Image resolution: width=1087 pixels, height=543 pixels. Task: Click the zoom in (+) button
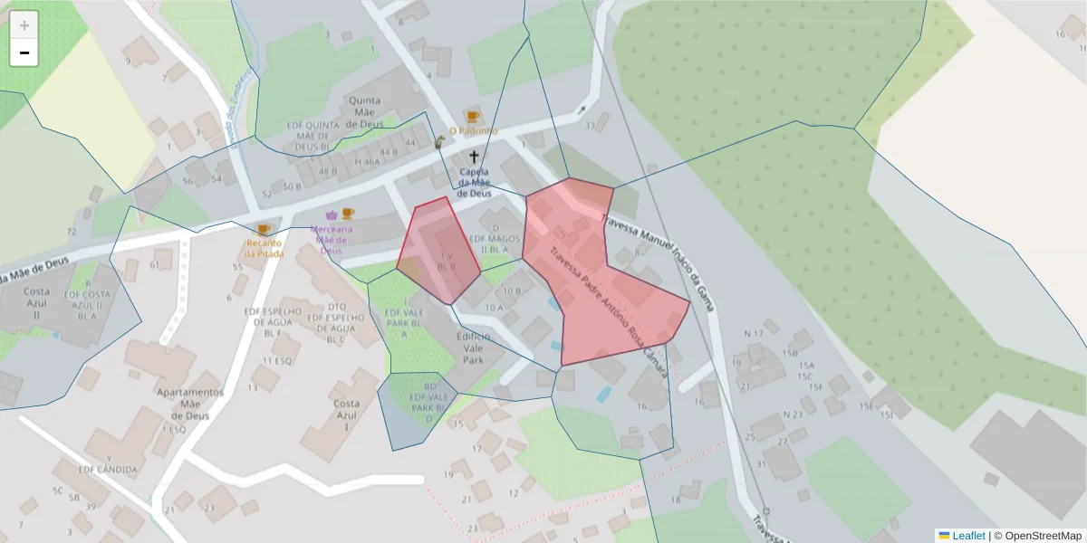(24, 24)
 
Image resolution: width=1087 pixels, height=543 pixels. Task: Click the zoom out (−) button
(24, 52)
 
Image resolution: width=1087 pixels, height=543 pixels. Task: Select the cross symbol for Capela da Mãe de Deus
(473, 157)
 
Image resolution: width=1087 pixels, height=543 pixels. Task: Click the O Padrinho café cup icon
(472, 117)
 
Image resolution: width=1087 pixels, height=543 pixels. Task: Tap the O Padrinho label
(473, 131)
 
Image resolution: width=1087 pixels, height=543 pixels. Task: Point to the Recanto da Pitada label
(264, 248)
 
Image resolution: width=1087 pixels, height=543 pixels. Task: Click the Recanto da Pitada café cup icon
(264, 230)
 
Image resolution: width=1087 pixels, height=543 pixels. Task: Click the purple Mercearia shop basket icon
(331, 215)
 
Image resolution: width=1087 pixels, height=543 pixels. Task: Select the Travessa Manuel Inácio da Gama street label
(658, 263)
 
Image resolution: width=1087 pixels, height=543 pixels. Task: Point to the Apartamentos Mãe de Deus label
(190, 404)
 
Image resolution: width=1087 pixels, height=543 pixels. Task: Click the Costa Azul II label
(37, 304)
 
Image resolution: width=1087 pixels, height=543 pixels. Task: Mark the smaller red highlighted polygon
(438, 251)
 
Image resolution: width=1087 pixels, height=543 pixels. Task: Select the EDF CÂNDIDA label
(108, 470)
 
